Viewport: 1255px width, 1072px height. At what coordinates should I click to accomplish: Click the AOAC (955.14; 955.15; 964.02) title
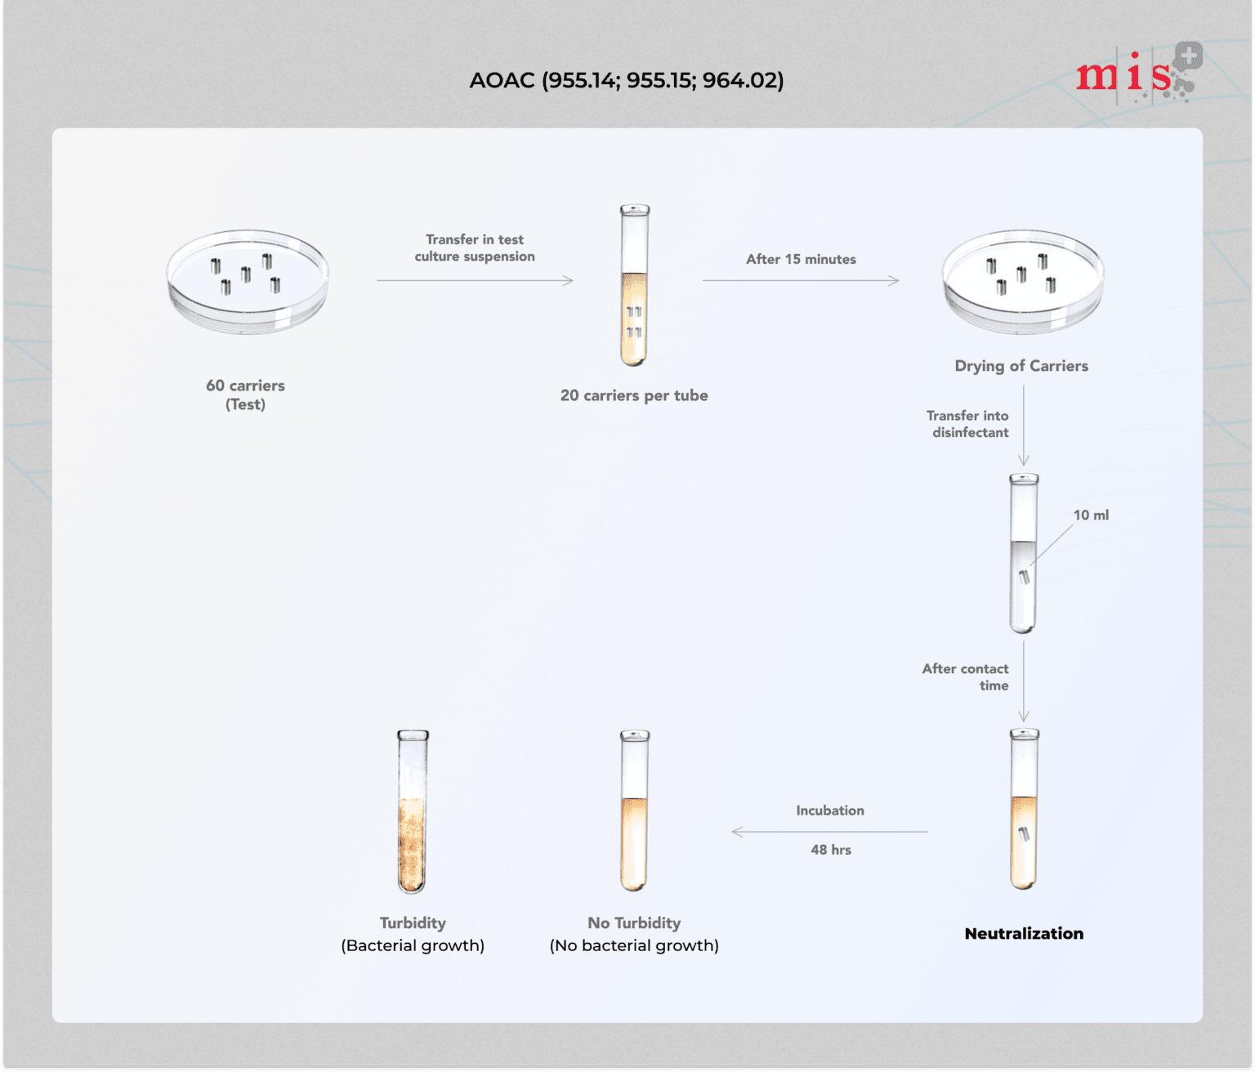coord(626,80)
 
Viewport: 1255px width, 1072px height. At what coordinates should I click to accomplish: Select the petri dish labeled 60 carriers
coord(247,281)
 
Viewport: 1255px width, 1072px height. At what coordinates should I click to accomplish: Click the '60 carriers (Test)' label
coord(245,395)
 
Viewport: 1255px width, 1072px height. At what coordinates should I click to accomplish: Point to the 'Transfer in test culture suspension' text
coord(475,248)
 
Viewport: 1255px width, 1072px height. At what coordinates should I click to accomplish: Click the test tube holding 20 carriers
coord(634,285)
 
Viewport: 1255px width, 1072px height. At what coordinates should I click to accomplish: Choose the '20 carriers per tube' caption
coord(634,395)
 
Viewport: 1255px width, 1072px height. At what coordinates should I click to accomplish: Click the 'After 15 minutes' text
coord(801,259)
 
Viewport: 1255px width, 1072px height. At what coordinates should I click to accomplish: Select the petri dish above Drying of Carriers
coord(1022,281)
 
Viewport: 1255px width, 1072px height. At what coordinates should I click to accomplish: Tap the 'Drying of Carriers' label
coord(1021,366)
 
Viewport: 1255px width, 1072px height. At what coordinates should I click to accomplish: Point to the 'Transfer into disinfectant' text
coord(969,424)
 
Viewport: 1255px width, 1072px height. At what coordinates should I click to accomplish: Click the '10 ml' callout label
coord(1091,515)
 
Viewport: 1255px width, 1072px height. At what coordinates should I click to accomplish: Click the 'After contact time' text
coord(967,677)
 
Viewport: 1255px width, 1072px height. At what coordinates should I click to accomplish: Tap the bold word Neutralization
coord(1024,933)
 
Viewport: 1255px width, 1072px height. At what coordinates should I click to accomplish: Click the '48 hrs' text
coord(831,850)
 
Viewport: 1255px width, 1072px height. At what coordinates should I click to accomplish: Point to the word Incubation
coord(830,811)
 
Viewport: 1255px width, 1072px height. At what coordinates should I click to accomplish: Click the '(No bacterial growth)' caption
coord(634,945)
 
